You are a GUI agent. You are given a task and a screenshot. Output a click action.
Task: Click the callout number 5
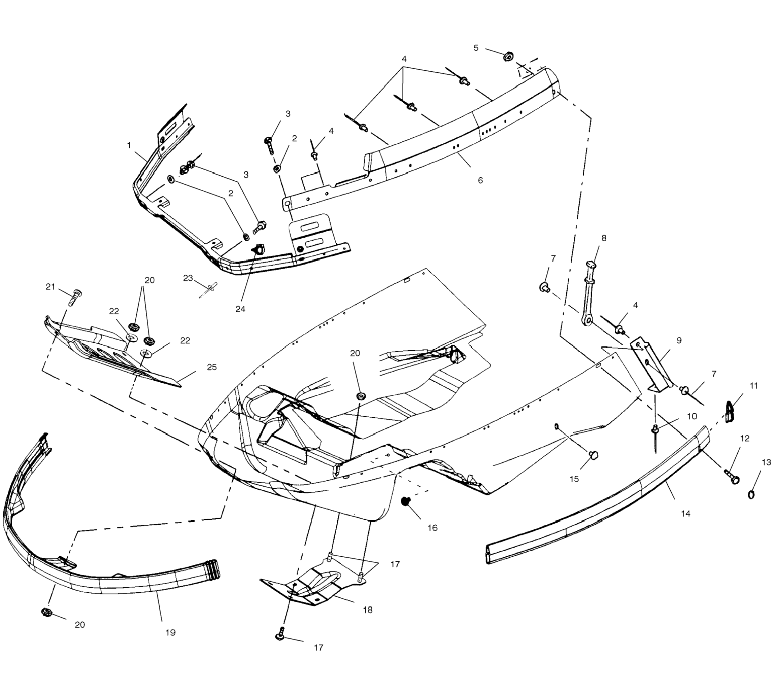[476, 48]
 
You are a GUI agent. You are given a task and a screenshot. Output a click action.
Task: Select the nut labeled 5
[508, 57]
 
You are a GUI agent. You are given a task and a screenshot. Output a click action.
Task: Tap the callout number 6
[480, 180]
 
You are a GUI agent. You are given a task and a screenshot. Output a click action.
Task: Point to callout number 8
[604, 238]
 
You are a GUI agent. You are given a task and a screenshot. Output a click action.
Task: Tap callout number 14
[686, 514]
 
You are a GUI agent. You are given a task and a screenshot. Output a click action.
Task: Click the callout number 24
[240, 309]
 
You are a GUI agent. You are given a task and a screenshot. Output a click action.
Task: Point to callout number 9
[679, 340]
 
